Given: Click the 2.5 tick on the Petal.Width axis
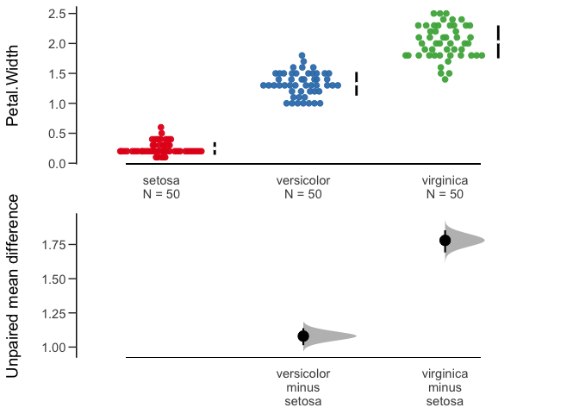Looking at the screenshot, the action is (x=74, y=14).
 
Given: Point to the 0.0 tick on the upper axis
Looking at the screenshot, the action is (x=74, y=163).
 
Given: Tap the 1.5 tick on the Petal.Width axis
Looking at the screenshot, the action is (x=74, y=73).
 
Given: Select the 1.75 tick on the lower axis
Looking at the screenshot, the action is (x=74, y=245).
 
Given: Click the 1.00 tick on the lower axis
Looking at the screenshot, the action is (x=74, y=348).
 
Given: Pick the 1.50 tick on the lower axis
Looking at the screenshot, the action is (x=74, y=279).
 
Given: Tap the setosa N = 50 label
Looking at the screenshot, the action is (x=161, y=187).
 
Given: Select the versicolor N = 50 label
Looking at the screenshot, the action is (x=302, y=187).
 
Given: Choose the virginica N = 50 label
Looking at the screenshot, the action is (x=445, y=187).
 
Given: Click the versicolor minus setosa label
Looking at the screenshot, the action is (x=302, y=387).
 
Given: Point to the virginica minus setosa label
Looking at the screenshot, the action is (x=445, y=387).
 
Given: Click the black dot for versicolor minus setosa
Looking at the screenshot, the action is (x=303, y=336).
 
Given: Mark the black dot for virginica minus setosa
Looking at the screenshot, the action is (x=445, y=241).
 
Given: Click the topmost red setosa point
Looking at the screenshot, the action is (x=161, y=127).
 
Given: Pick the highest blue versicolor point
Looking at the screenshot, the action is (x=302, y=55).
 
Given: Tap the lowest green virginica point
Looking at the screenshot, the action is (x=445, y=78).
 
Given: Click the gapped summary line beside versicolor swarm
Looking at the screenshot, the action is (x=357, y=84).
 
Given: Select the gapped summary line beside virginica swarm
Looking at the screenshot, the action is (x=498, y=42).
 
